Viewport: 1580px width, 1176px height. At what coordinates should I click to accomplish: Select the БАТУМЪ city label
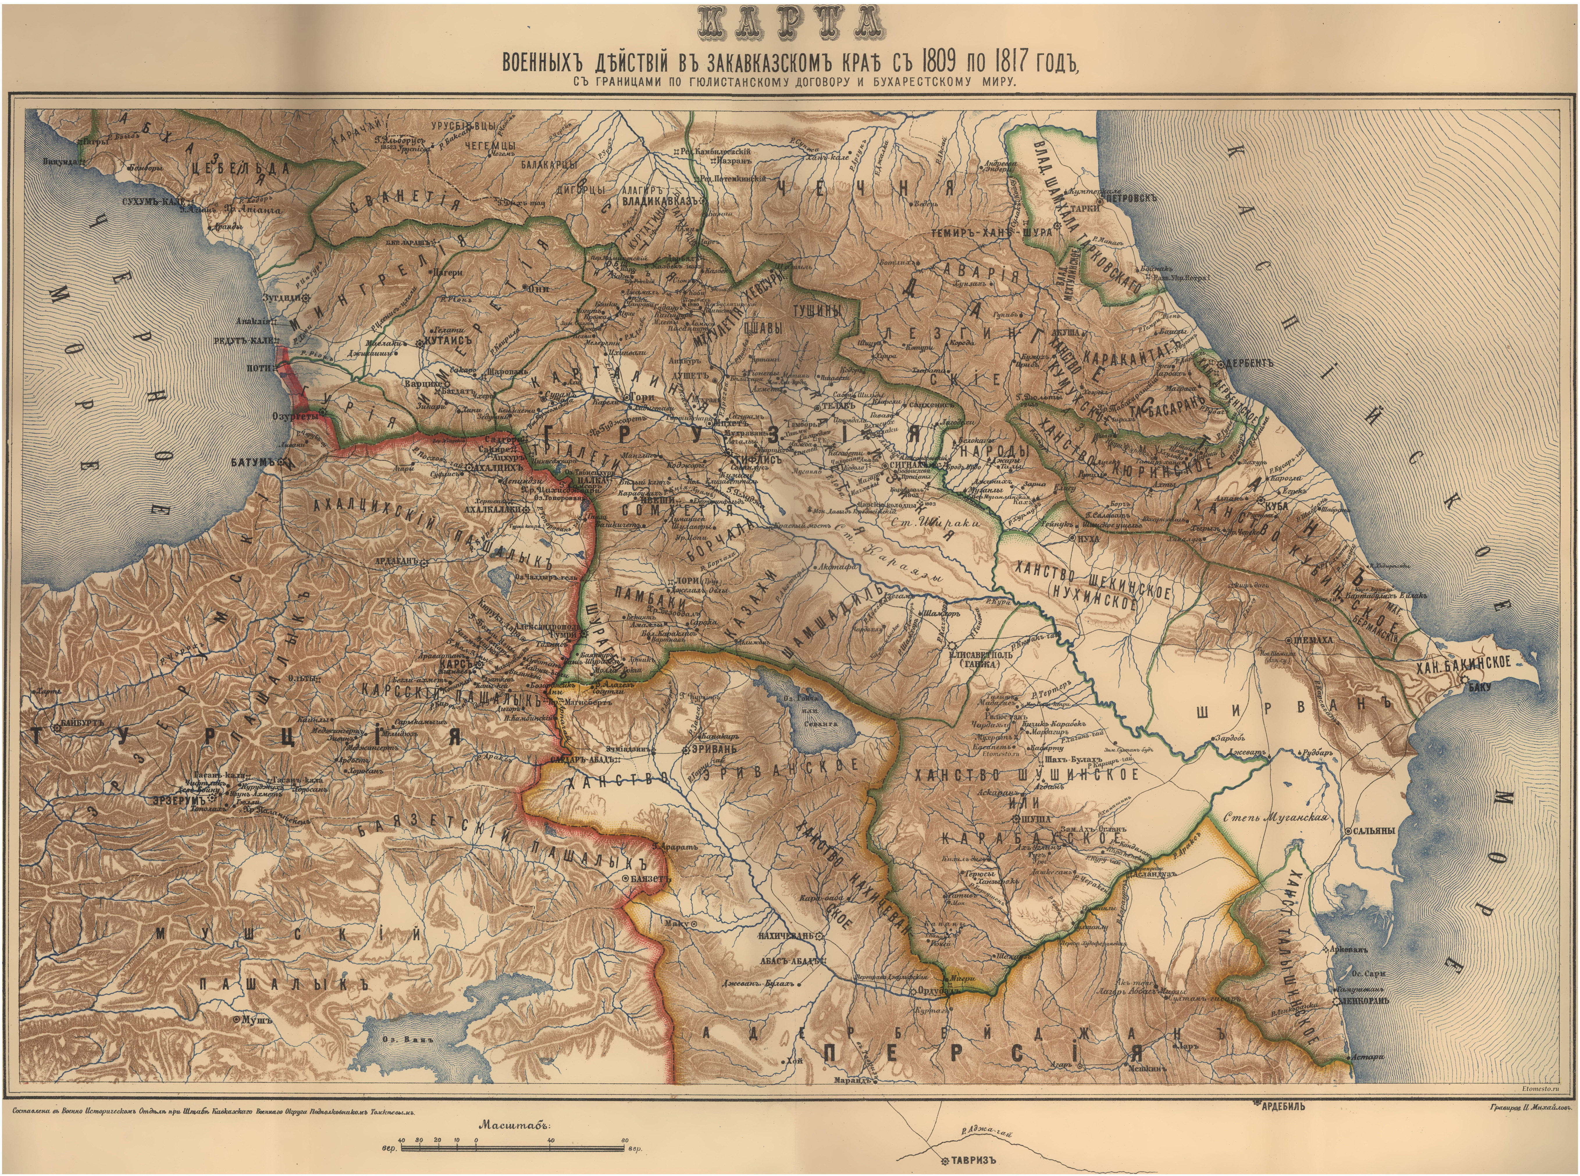click(x=253, y=462)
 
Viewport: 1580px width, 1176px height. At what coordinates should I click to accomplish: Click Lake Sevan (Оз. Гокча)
click(x=818, y=719)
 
